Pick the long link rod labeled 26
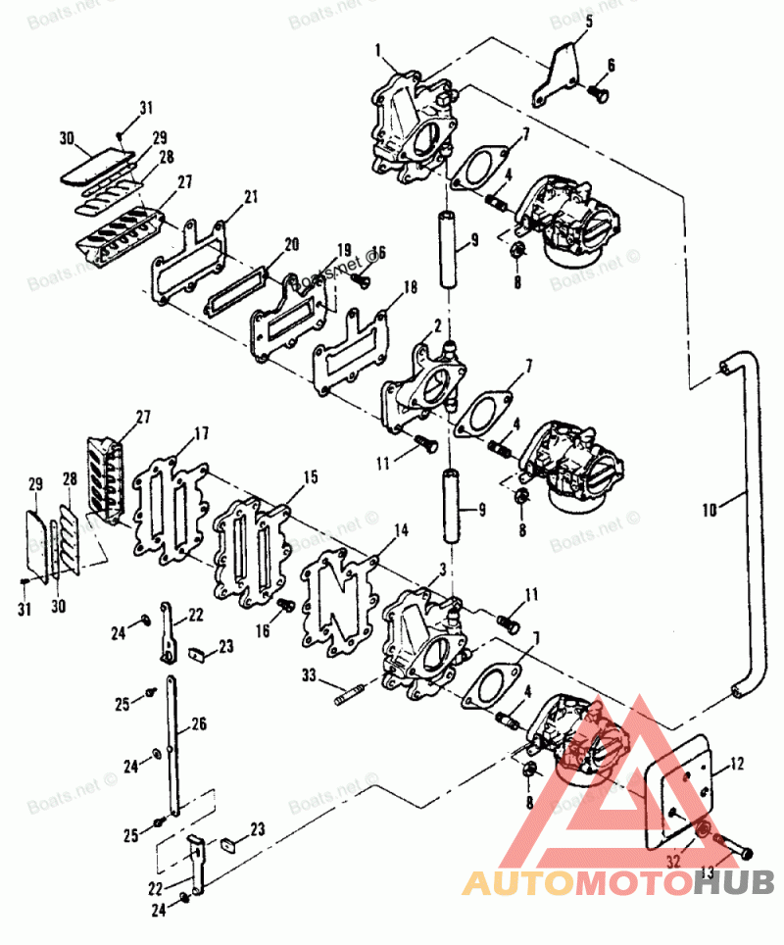[x=173, y=745]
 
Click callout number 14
[x=400, y=532]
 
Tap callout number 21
[x=251, y=197]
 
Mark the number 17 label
[x=201, y=431]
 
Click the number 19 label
[x=344, y=249]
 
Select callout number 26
[x=199, y=725]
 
